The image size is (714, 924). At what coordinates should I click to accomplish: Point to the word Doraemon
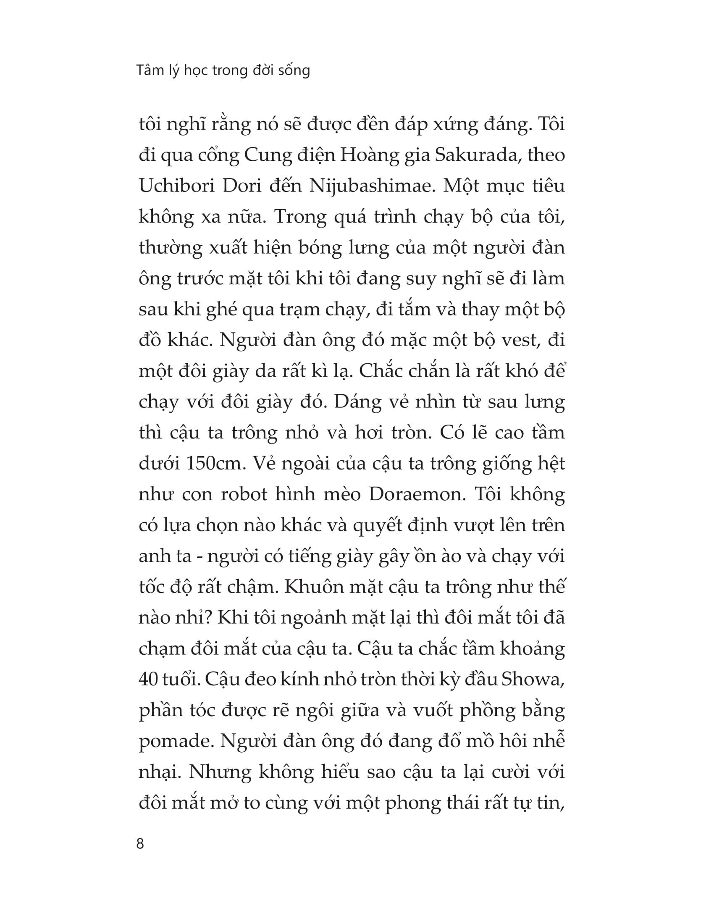(x=417, y=494)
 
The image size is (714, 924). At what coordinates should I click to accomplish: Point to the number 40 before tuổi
(x=148, y=680)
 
